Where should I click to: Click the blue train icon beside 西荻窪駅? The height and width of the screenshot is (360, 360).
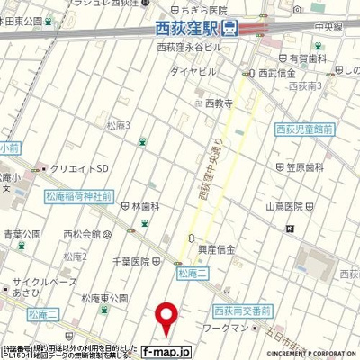click(230, 28)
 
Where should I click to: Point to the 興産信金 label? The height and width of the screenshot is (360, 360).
click(216, 247)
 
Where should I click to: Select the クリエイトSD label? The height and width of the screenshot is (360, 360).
click(85, 168)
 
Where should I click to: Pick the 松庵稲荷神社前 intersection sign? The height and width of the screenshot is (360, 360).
click(78, 193)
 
